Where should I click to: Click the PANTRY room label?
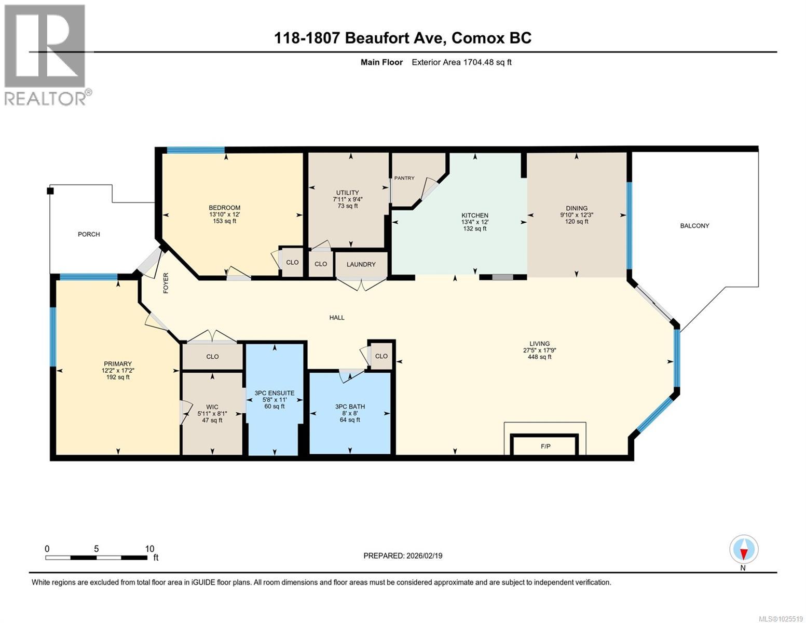404,178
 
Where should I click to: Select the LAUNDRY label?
361,264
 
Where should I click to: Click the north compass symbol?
744,550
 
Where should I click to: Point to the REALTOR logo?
46,55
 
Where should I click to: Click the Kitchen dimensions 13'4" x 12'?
475,222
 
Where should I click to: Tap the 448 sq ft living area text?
540,357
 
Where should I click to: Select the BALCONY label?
694,226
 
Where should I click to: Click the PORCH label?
89,234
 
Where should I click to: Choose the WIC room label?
212,407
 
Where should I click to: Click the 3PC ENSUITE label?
275,393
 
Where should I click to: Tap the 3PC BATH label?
350,407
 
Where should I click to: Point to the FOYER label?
166,283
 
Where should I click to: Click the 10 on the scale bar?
149,549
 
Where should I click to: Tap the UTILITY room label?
347,193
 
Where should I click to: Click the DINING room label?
577,208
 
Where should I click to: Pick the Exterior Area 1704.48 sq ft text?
461,62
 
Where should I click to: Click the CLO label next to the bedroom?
292,262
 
